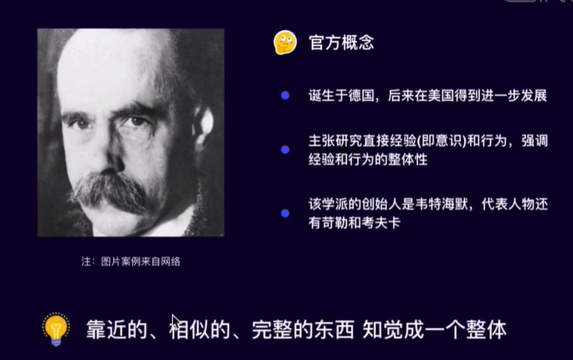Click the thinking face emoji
[x=285, y=42]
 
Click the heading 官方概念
[x=341, y=43]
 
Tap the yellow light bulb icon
[x=56, y=329]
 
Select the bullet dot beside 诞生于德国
[x=285, y=96]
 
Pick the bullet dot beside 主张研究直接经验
[x=285, y=150]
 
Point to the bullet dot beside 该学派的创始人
[x=285, y=213]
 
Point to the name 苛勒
[x=335, y=223]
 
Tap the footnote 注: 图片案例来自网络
[x=131, y=261]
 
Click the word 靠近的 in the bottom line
[x=116, y=330]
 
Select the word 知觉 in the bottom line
[x=383, y=330]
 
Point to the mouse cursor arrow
[x=176, y=322]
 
